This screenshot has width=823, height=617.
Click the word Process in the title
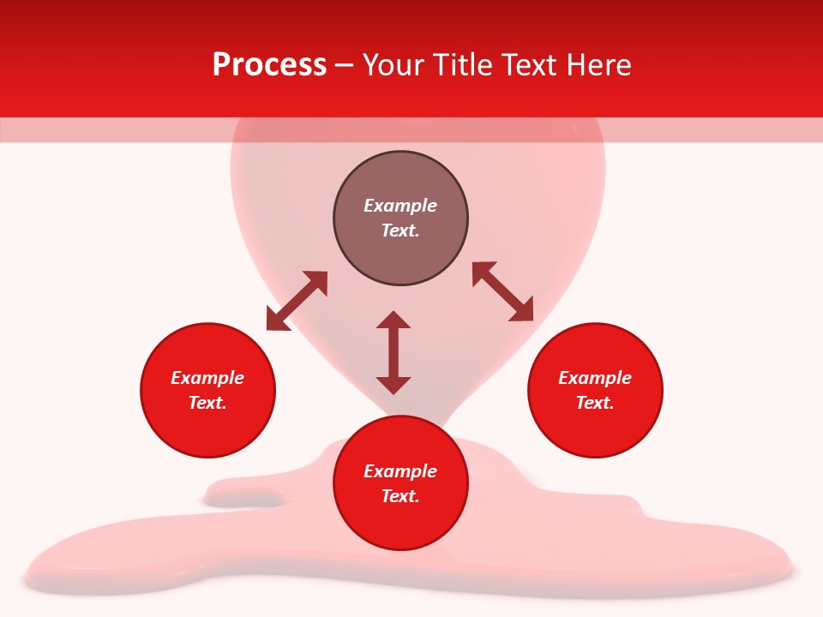269,65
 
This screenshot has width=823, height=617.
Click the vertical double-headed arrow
393,352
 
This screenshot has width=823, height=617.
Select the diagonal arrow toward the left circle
297,301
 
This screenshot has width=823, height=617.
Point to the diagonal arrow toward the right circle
503,291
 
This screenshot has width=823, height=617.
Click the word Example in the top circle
400,206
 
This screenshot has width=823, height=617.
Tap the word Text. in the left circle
207,403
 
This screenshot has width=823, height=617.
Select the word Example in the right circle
595,378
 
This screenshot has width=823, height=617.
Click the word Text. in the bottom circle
400,496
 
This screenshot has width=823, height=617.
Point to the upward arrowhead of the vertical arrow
393,320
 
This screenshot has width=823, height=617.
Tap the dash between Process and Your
344,66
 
